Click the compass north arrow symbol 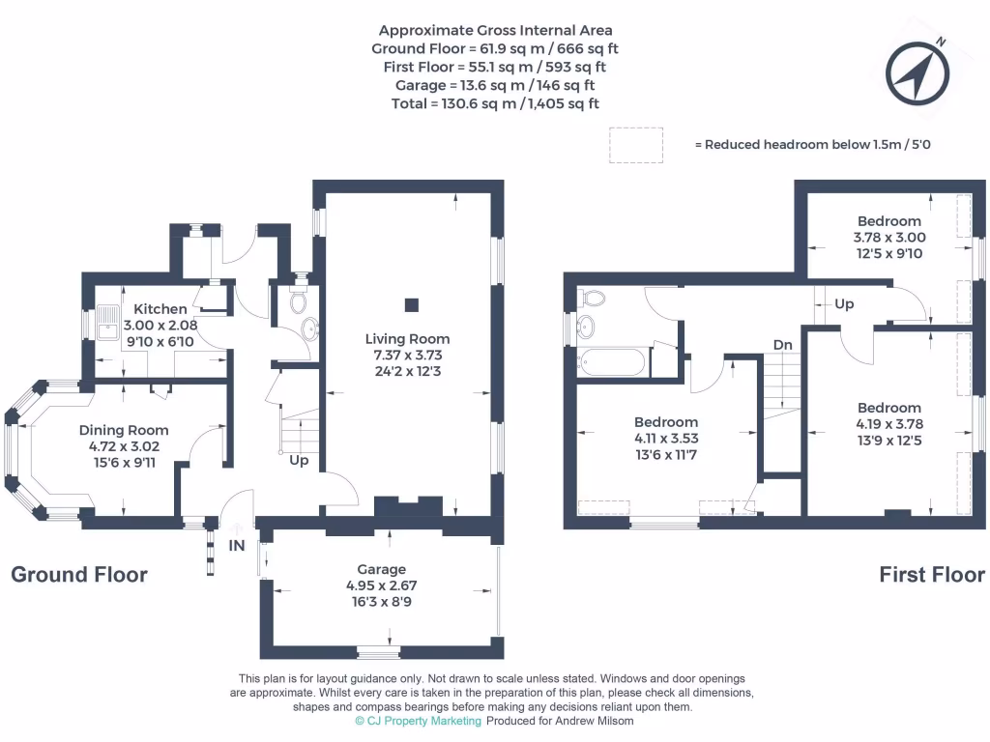point(916,71)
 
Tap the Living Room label point(407,339)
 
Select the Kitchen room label point(160,309)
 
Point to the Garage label point(381,569)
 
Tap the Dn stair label point(782,344)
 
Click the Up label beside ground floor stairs point(299,461)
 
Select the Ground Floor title point(79,575)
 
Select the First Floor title point(931,575)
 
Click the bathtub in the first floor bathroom point(612,362)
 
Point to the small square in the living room point(412,305)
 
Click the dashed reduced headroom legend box point(635,144)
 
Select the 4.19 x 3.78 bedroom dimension point(888,423)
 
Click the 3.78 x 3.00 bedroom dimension point(888,238)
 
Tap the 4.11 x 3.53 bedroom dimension point(666,438)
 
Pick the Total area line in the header point(495,103)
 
